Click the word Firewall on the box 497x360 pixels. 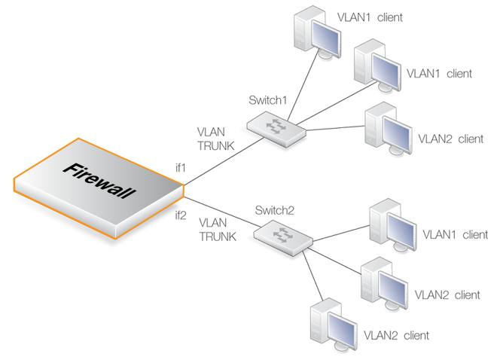[100, 180]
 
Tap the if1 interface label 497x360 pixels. [181, 166]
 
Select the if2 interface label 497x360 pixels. [181, 215]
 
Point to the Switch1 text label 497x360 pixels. [268, 99]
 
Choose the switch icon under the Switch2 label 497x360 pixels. [282, 236]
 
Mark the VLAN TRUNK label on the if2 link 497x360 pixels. [218, 230]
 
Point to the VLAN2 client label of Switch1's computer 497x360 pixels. [450, 139]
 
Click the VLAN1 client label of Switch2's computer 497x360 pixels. [455, 235]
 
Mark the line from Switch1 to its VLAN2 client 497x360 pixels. [336, 129]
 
